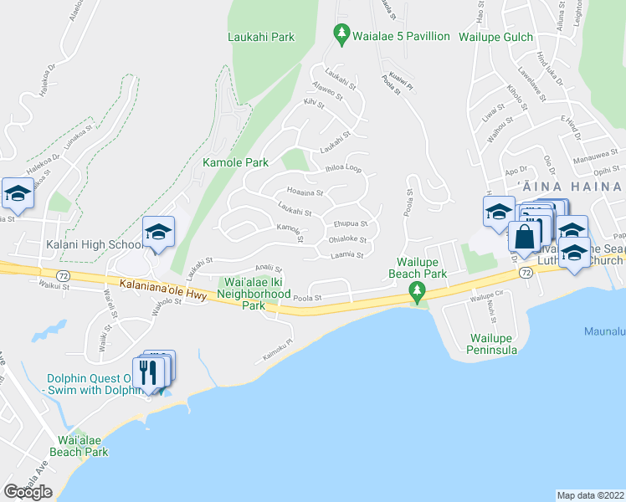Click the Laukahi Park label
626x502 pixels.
tap(261, 37)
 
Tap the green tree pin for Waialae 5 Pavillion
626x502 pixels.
tap(341, 35)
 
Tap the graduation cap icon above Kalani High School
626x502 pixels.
tap(157, 233)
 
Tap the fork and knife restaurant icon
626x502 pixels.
tap(149, 372)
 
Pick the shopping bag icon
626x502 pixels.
tap(524, 238)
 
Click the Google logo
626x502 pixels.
tap(28, 491)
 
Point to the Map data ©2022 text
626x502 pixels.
tap(591, 495)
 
